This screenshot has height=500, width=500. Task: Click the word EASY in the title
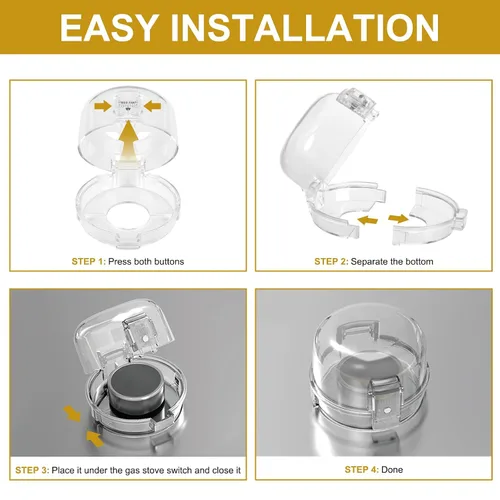tap(108, 27)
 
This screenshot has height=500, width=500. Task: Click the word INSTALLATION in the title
tap(304, 27)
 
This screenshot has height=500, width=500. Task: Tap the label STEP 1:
tap(88, 262)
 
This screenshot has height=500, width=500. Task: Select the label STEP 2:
tap(331, 262)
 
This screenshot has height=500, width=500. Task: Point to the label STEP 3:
tap(32, 470)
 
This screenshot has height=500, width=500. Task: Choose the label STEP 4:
tap(362, 470)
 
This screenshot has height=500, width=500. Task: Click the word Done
tap(392, 470)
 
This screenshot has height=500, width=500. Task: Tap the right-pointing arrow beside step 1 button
tap(103, 106)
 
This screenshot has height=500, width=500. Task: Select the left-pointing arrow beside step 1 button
tap(152, 106)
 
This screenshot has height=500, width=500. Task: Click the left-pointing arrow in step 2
tap(367, 220)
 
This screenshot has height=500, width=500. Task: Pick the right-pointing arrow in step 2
tap(398, 219)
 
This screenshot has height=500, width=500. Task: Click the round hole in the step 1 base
tap(129, 213)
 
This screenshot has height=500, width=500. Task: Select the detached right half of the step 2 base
tap(430, 214)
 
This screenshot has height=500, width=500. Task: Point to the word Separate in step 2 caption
tap(367, 262)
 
